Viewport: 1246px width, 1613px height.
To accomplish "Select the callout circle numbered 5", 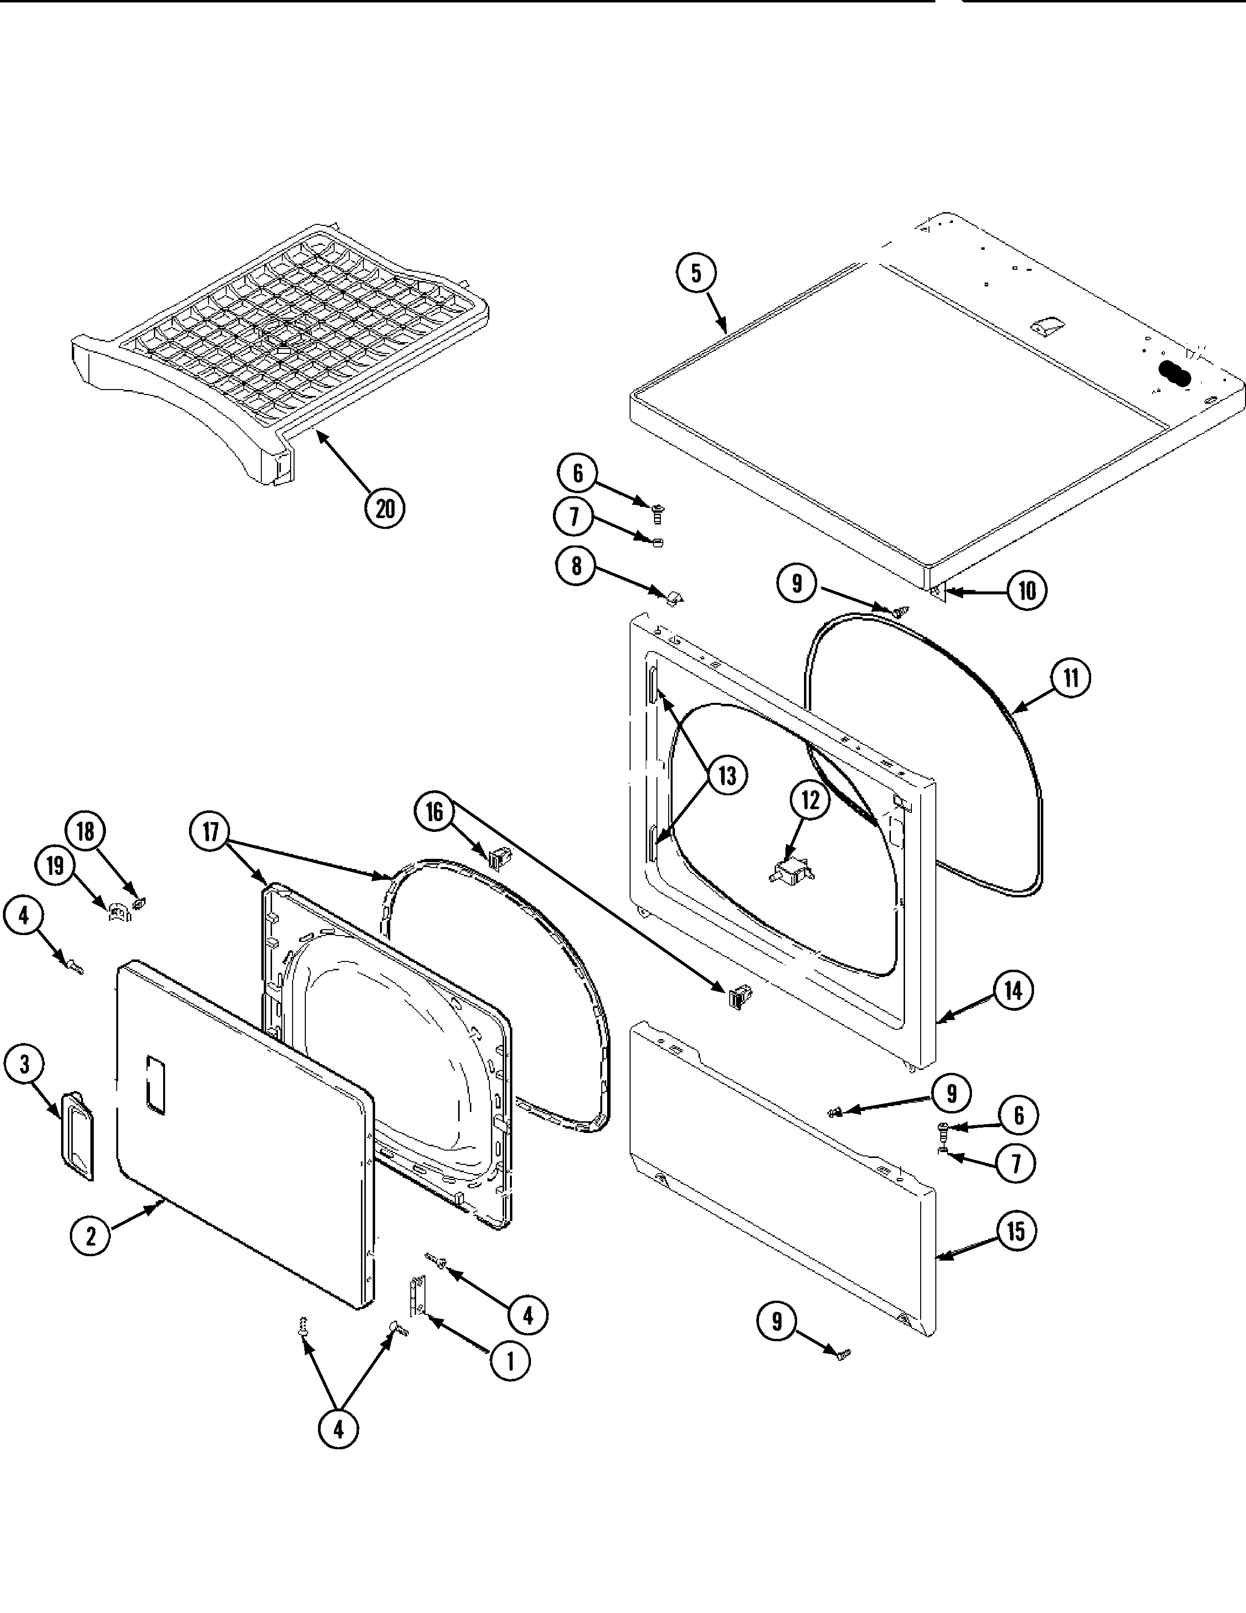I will tap(696, 273).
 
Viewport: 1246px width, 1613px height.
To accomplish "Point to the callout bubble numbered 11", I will tap(1070, 678).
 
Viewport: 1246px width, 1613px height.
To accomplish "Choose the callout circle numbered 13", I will tap(727, 776).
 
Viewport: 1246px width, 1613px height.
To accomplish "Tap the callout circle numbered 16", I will tap(434, 812).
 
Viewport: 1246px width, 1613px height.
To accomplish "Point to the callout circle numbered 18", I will tap(85, 831).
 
